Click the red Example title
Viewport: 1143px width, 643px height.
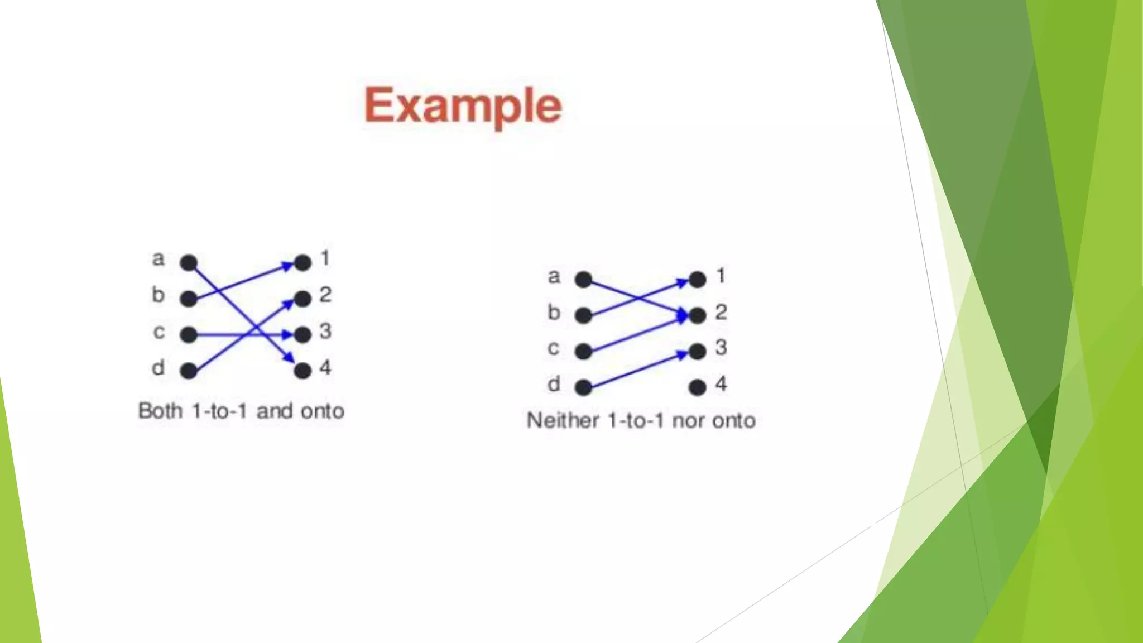pos(462,105)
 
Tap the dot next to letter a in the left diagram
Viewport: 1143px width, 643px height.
pos(189,262)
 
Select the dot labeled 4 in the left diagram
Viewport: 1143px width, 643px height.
pos(302,371)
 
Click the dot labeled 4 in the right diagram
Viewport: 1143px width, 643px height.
pos(697,387)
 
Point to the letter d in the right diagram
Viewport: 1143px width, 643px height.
pos(553,384)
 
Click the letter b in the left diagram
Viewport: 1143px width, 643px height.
pos(158,295)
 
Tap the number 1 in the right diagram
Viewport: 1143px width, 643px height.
pos(721,276)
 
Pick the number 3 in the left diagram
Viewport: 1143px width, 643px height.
pos(325,332)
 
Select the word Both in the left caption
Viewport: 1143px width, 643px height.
pos(160,411)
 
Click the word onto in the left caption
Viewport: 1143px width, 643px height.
pos(322,411)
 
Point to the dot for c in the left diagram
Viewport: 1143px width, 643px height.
pos(189,335)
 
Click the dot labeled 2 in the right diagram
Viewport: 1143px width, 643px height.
pos(697,315)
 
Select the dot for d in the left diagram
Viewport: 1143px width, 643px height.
pos(189,371)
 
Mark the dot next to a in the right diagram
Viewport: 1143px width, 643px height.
pos(583,280)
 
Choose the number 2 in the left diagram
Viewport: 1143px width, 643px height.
pos(325,295)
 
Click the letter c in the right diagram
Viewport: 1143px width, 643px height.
pos(553,348)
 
